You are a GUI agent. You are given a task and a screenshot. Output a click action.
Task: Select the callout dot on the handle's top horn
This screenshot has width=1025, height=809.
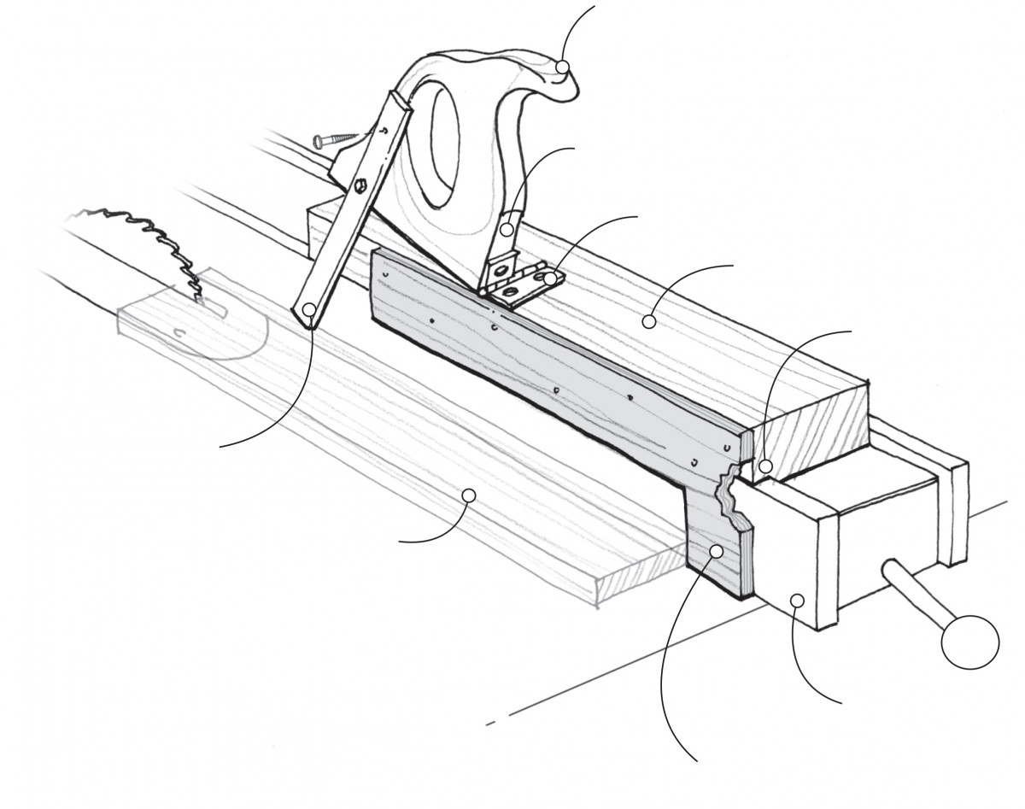pos(562,67)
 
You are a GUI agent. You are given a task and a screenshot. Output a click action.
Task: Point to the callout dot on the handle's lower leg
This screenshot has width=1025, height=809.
pos(507,229)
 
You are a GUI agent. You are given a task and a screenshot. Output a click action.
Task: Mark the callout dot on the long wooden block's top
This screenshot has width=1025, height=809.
pos(649,322)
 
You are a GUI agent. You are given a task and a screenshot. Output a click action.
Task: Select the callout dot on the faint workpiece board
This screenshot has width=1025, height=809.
pos(468,494)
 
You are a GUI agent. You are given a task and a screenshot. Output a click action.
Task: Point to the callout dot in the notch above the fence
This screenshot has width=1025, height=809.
pos(766,466)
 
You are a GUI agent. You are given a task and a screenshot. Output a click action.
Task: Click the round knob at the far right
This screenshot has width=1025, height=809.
pos(969,640)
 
